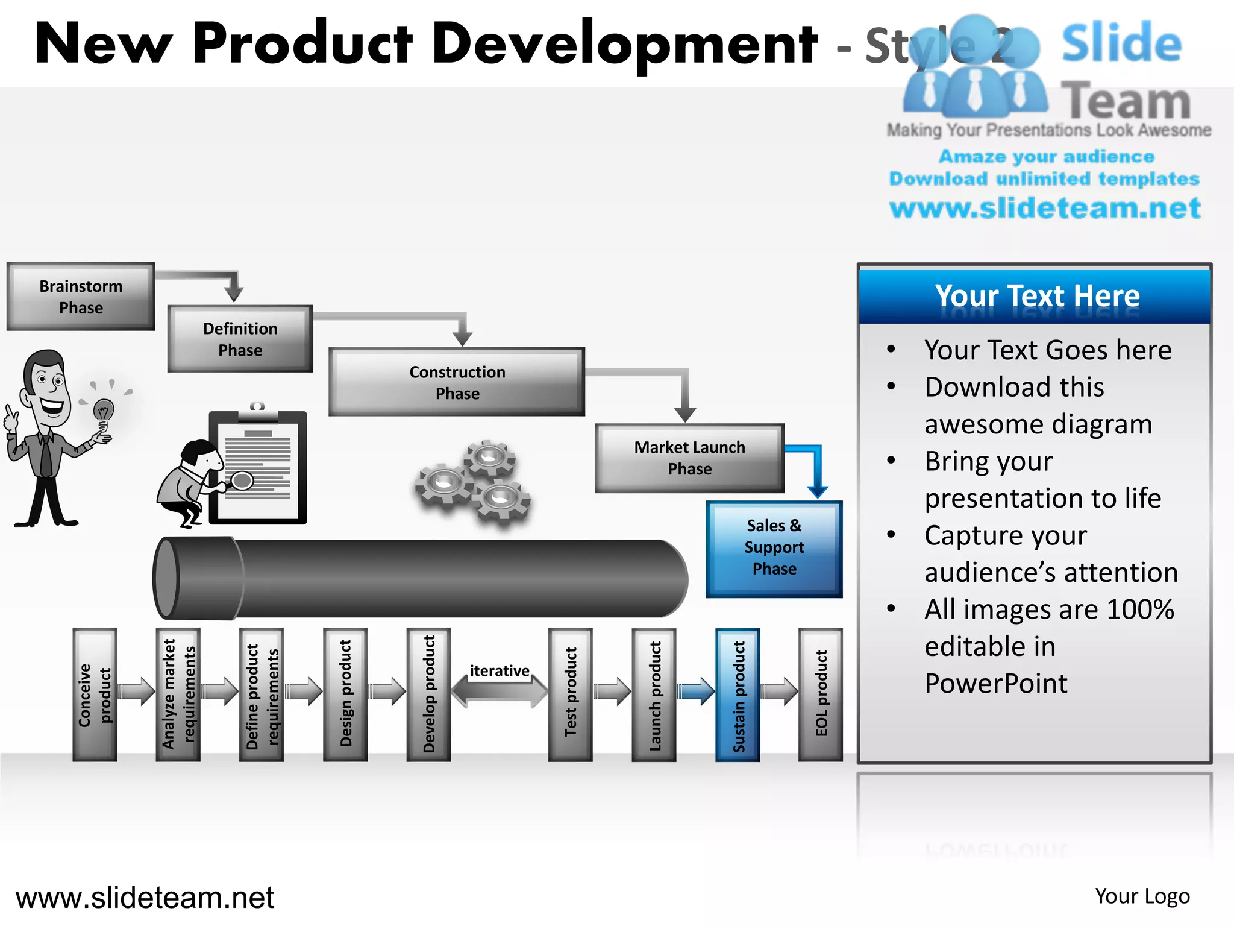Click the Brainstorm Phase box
click(x=81, y=297)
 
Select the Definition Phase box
click(x=240, y=339)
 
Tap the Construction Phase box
click(x=457, y=382)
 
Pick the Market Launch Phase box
click(x=689, y=458)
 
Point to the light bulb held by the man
click(x=104, y=414)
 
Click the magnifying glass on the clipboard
click(x=242, y=480)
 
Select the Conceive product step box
click(x=95, y=694)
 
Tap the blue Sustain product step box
click(x=738, y=694)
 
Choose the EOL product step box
click(x=820, y=694)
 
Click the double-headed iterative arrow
click(x=500, y=691)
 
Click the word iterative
click(x=499, y=670)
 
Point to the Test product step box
click(x=570, y=694)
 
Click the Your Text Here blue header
click(x=1035, y=297)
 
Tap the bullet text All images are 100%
click(x=1048, y=609)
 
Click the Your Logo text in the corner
click(x=1142, y=896)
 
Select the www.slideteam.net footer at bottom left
click(x=145, y=898)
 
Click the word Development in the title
click(x=624, y=43)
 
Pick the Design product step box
click(x=345, y=694)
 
